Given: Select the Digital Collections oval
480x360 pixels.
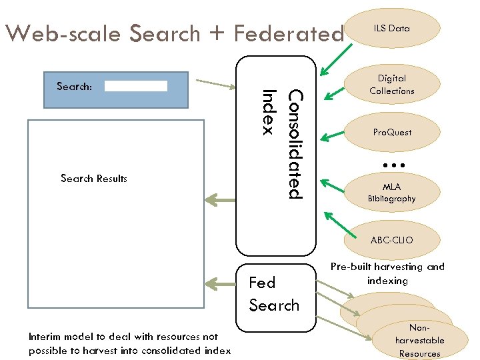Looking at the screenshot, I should (392, 85).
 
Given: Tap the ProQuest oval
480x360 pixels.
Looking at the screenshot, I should (392, 132).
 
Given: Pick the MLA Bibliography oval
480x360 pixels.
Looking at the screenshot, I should (392, 193).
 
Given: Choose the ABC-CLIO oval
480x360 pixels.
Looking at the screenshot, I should (392, 240).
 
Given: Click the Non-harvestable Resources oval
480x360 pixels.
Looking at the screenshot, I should (419, 341).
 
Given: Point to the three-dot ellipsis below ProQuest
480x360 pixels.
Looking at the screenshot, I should (394, 164).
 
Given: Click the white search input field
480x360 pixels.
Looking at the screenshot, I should (136, 86).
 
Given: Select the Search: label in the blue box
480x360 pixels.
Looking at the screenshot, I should (74, 87).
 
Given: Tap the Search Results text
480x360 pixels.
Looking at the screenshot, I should (93, 179).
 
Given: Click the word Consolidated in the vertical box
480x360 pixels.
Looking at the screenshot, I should (294, 145).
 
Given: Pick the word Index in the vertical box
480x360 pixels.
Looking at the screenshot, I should (269, 112).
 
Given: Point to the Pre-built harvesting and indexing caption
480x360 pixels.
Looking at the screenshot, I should (387, 273).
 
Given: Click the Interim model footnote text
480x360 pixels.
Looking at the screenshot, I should (130, 344).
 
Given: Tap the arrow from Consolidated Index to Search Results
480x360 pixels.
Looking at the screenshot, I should (220, 199).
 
